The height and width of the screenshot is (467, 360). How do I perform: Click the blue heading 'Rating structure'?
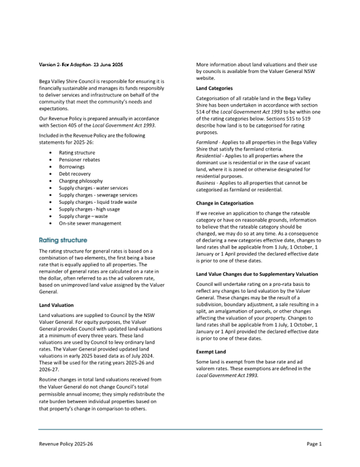click(63, 240)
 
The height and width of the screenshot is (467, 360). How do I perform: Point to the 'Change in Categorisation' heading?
click(225, 203)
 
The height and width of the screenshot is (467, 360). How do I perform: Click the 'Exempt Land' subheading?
click(211, 352)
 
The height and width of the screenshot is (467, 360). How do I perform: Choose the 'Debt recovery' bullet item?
click(75, 174)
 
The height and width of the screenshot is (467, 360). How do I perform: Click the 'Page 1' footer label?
click(314, 444)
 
